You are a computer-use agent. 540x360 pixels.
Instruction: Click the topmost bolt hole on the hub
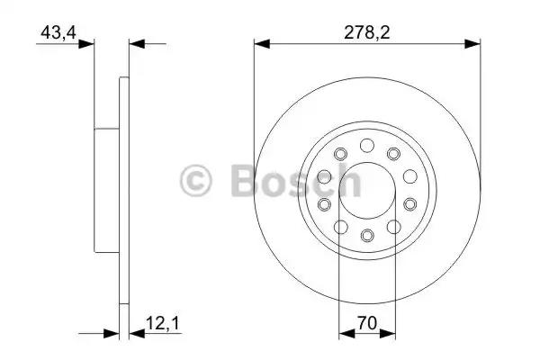[x=367, y=146]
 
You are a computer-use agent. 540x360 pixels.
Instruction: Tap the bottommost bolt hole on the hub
[x=367, y=236]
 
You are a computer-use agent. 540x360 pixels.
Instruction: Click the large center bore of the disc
[x=367, y=191]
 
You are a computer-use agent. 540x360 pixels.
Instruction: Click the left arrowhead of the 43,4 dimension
[x=87, y=42]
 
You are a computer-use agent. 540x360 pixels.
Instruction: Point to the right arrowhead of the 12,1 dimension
[x=135, y=333]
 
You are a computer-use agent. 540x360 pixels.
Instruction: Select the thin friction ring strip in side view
[x=124, y=191]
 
